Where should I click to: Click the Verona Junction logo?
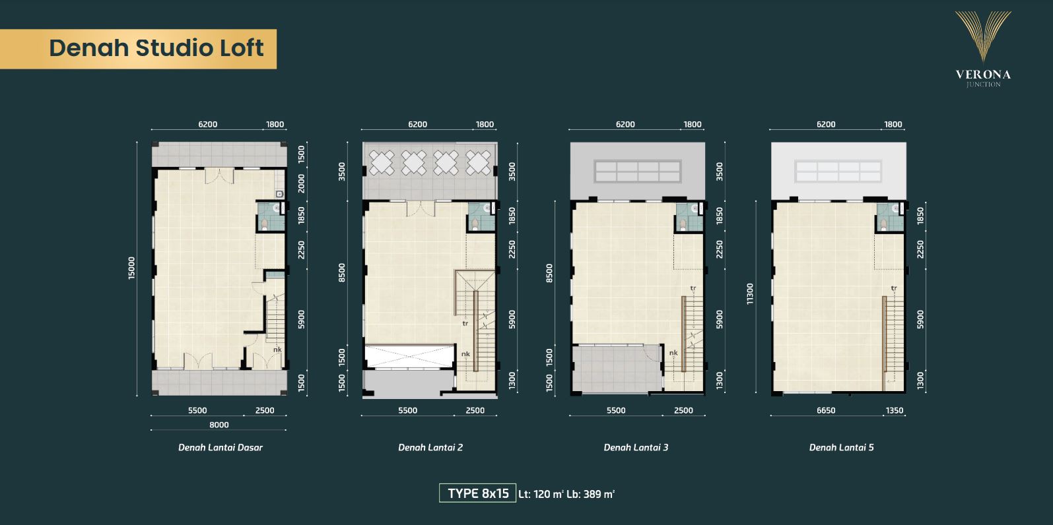(983, 49)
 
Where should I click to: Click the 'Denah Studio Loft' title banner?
(138, 49)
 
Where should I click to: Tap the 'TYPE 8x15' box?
(477, 493)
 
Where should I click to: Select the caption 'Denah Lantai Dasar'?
(220, 448)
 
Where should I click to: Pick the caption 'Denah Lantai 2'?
(430, 448)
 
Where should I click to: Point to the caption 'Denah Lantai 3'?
(636, 448)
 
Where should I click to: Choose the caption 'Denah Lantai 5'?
(841, 448)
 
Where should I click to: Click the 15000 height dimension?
(131, 268)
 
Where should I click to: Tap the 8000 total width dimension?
(219, 425)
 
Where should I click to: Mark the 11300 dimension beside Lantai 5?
(750, 294)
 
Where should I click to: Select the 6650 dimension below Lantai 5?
(826, 410)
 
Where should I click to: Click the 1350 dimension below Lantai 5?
(895, 410)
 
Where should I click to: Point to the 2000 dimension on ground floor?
(301, 183)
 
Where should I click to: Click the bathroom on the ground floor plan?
(271, 217)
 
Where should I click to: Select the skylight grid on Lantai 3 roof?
(638, 171)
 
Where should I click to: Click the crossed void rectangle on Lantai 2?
(409, 356)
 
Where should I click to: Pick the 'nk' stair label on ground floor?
(277, 350)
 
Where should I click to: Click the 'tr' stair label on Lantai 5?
(894, 288)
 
